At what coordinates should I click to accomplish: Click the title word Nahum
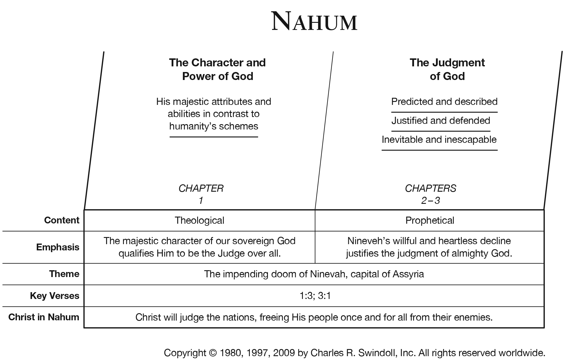point(314,22)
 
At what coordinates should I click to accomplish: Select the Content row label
point(62,220)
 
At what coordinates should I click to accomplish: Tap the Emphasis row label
point(57,247)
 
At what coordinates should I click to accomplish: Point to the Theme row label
point(64,274)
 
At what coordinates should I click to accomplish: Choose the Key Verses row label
point(55,296)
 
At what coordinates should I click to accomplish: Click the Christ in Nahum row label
point(44,317)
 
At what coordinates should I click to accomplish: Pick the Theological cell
point(199,220)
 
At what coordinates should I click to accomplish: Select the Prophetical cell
point(429,220)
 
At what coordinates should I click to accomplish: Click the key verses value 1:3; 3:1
point(315,296)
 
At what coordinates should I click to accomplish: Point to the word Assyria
point(408,274)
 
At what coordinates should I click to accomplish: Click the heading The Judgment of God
point(447,69)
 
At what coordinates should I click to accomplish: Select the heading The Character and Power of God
point(217,69)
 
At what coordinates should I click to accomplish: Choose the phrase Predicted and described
point(444,102)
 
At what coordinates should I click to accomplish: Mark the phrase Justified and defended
point(440,121)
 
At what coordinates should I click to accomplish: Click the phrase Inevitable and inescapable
point(439,140)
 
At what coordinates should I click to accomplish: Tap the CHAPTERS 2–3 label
point(430,194)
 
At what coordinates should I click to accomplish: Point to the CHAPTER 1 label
point(201,194)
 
